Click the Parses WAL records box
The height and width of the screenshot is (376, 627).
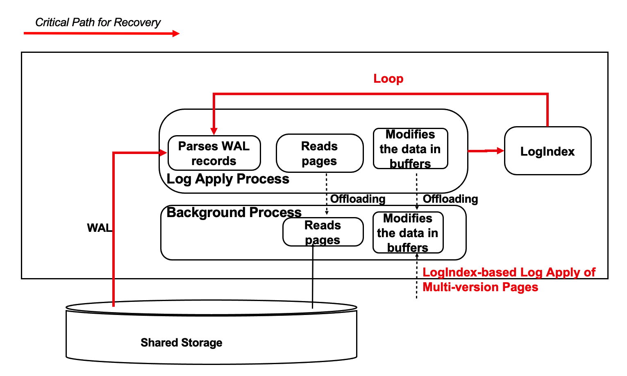214,153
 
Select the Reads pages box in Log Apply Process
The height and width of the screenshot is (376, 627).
319,153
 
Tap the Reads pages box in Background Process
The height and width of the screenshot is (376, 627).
323,232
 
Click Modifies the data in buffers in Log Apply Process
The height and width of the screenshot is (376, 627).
410,149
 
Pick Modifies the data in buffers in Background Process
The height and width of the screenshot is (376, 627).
408,233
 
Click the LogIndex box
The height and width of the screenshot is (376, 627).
547,151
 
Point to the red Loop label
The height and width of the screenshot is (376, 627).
388,79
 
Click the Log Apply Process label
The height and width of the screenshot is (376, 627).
228,179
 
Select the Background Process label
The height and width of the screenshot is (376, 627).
234,213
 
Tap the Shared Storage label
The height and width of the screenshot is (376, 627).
181,342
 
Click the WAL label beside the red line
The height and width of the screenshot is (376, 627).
99,228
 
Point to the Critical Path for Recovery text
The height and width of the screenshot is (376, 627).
98,22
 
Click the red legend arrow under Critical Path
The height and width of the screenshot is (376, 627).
101,33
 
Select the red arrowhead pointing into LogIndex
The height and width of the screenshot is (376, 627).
500,151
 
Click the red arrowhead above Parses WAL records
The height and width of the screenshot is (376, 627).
214,131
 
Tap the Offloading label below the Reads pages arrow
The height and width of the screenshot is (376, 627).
358,199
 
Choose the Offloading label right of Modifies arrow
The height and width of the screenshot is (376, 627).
450,199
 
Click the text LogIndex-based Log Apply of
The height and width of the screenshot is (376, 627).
509,272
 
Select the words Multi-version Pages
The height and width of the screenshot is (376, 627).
480,287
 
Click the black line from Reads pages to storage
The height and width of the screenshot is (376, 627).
313,279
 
